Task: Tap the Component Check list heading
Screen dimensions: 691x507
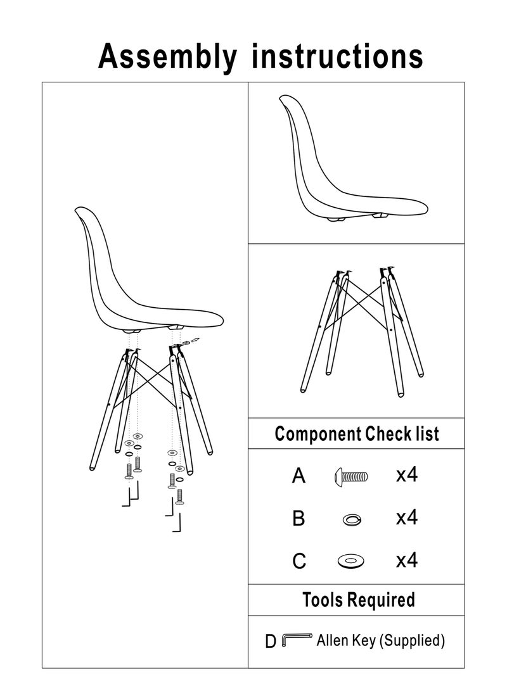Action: (356, 434)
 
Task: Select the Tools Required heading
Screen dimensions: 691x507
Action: (358, 599)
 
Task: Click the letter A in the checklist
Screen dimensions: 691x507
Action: (298, 476)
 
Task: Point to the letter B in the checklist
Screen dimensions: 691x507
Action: (298, 519)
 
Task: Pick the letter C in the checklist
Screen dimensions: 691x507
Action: (299, 561)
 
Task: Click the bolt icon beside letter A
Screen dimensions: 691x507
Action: (350, 476)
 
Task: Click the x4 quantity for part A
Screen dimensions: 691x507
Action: (406, 475)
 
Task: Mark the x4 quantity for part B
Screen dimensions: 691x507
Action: (406, 517)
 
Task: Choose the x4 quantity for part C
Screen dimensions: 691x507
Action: (406, 560)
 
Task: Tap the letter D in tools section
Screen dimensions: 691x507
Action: (271, 642)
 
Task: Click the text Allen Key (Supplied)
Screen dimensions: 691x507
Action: (380, 640)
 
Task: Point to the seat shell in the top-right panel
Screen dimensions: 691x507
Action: (342, 171)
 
